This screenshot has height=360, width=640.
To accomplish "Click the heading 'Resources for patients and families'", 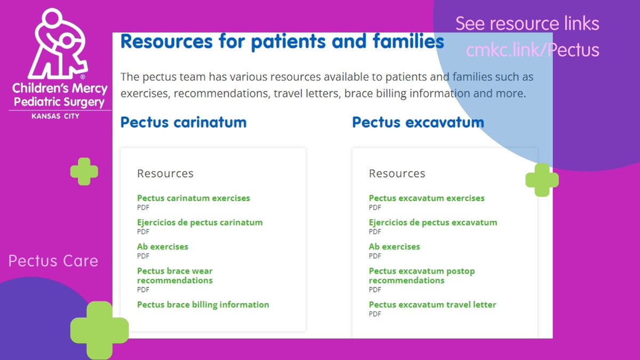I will (282, 41).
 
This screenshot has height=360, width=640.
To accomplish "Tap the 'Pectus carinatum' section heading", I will (183, 122).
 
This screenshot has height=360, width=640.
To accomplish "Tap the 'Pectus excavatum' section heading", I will (418, 122).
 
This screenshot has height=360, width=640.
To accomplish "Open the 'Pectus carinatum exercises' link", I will (193, 198).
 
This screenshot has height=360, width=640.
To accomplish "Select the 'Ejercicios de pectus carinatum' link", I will (199, 222).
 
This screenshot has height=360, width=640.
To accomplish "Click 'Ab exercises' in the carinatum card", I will (162, 246).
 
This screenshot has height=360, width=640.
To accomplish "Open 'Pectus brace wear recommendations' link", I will (174, 276).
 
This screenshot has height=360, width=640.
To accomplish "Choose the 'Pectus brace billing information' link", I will (203, 305).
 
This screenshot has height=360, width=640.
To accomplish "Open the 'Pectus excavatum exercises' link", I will (426, 198).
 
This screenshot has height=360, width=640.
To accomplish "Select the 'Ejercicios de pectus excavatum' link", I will (433, 222).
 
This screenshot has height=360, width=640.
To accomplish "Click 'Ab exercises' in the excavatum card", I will (394, 246).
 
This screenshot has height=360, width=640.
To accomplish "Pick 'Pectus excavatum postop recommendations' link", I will (421, 276).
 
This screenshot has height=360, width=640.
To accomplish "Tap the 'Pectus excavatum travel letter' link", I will (432, 305).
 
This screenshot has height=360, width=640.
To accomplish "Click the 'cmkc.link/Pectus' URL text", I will (532, 50).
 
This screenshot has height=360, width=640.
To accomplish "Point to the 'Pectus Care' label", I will (53, 261).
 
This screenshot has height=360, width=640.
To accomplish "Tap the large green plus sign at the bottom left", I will (100, 329).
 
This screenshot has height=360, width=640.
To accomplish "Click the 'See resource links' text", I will (527, 23).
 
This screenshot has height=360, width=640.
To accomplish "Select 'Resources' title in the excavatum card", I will (397, 173).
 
